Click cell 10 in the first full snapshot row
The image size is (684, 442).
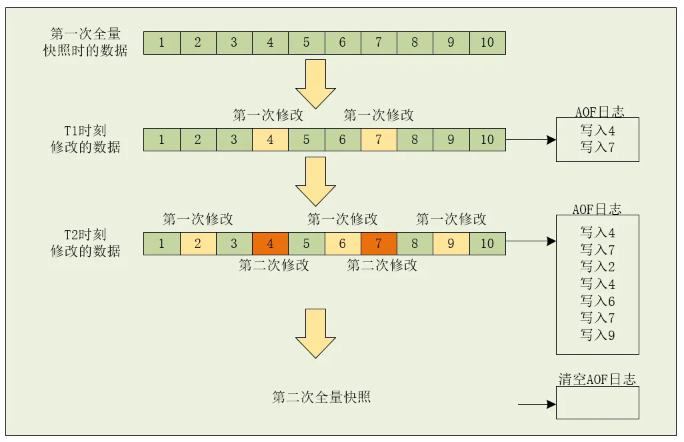pos(487,43)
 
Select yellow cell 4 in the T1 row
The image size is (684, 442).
pos(270,140)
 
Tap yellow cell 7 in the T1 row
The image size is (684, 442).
pos(379,140)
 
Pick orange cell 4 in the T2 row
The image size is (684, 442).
pos(270,243)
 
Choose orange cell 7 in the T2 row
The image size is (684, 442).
pos(379,243)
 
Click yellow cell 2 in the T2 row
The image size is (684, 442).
pos(198,243)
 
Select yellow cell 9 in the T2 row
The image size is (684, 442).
pos(451,243)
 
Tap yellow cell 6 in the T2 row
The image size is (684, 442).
pos(343,243)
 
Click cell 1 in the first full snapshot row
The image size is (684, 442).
pos(162,43)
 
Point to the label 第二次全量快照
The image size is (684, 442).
pos(321,397)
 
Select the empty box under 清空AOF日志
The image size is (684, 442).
pos(597,403)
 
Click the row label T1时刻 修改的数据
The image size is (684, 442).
pos(85,139)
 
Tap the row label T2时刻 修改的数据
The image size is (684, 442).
pos(85,243)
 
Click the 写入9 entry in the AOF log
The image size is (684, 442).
pos(597,335)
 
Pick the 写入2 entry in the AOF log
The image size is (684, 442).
pos(597,267)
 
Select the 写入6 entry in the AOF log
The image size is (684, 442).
pos(597,301)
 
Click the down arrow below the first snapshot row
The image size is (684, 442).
pos(315,83)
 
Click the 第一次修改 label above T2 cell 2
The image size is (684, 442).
pos(198,219)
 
